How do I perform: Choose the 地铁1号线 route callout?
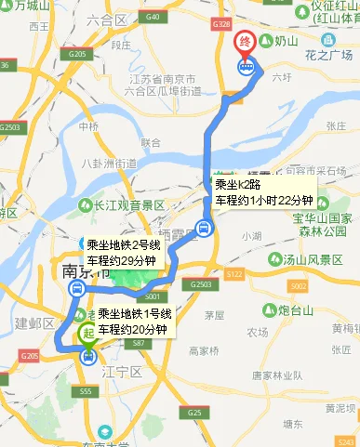[x=134, y=321]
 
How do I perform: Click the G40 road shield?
[x=153, y=18]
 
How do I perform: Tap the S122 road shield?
[x=233, y=275]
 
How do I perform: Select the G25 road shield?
[x=193, y=411]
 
